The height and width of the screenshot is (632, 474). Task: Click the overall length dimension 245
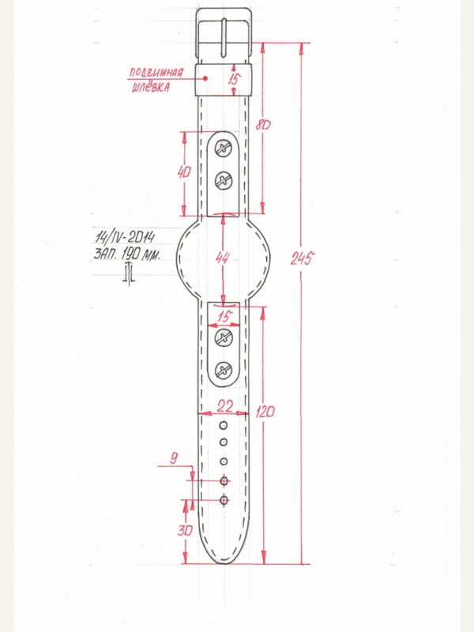[x=302, y=258]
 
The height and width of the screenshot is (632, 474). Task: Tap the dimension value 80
[x=263, y=125]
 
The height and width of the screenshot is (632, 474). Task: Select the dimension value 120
[x=265, y=412]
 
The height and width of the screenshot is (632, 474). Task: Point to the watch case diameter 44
[x=222, y=258]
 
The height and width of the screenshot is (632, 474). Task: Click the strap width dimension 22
[x=224, y=405]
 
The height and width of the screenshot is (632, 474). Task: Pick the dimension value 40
[x=184, y=172]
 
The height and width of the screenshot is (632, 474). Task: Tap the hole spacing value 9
[x=174, y=458]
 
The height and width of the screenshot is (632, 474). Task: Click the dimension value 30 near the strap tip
[x=185, y=530]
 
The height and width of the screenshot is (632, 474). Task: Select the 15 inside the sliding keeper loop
[x=233, y=80]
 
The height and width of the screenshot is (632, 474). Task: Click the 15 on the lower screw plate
[x=224, y=317]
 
